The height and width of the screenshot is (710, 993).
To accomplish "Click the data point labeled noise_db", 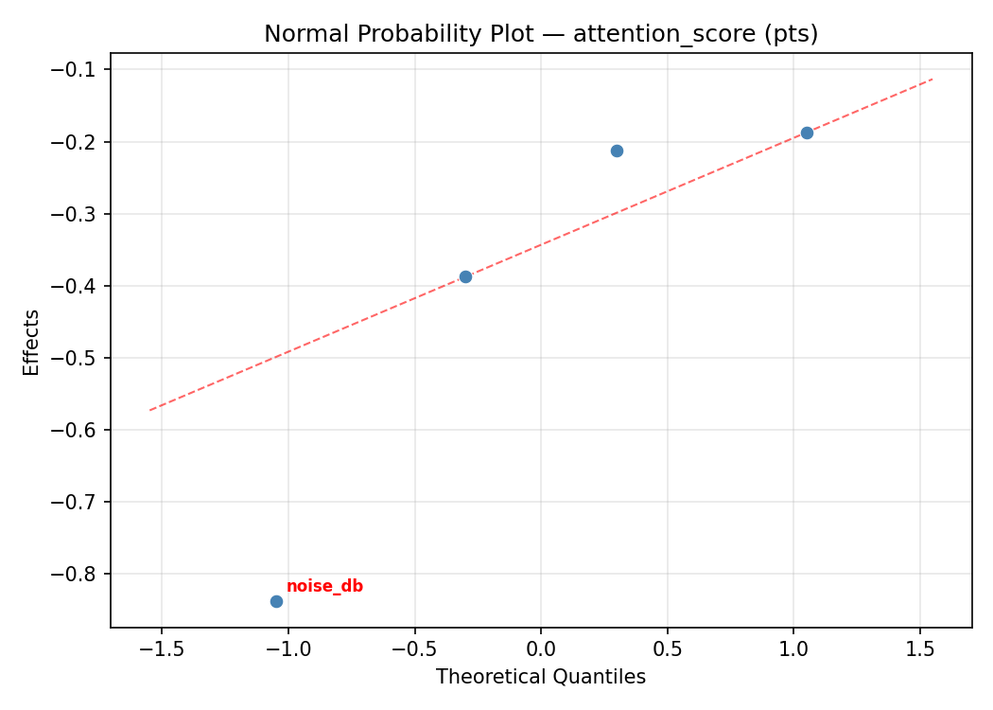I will pos(276,601).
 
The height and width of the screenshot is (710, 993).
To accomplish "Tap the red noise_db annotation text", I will pos(324,586).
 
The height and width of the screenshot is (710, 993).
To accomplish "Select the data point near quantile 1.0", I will pos(807,133).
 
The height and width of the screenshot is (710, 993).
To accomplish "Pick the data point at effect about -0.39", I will pos(465,276).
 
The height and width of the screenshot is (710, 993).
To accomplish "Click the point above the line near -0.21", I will pos(617,151).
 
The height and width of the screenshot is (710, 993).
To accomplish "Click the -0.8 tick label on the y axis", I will pos(79,574).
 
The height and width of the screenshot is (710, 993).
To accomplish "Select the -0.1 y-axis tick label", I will pos(79,70).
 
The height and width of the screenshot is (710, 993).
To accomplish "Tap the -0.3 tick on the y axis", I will pos(79,214).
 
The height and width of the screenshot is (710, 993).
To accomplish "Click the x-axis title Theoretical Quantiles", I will pos(541,677).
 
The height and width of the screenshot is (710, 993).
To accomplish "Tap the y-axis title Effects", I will pos(32,342).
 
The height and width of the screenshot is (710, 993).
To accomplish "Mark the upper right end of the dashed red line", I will pos(932,79).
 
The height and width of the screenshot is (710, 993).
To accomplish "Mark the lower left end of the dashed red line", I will pos(149,410).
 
